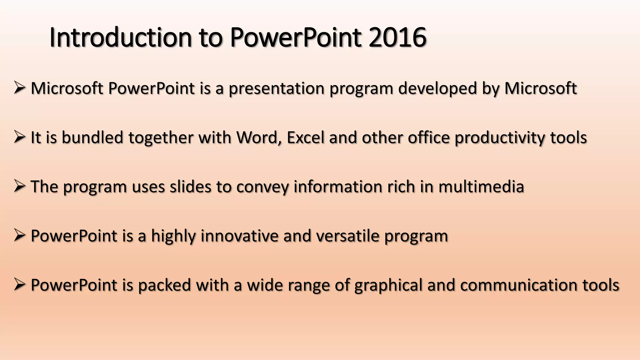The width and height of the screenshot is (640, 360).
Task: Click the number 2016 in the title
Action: click(397, 37)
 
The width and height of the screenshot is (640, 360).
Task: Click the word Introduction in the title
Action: click(120, 37)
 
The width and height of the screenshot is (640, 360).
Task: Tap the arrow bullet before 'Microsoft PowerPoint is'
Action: click(19, 88)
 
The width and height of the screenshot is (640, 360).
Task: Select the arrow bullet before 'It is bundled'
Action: click(19, 137)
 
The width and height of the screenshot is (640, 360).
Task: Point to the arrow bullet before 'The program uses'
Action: click(19, 186)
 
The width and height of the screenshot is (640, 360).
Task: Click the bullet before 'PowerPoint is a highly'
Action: click(19, 235)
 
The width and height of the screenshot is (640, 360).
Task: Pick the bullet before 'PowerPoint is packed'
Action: click(19, 285)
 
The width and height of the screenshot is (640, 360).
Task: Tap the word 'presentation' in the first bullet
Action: click(277, 88)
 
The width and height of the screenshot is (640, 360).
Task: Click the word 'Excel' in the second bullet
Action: click(305, 137)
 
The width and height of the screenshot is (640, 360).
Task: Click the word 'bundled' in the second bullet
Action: click(92, 137)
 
